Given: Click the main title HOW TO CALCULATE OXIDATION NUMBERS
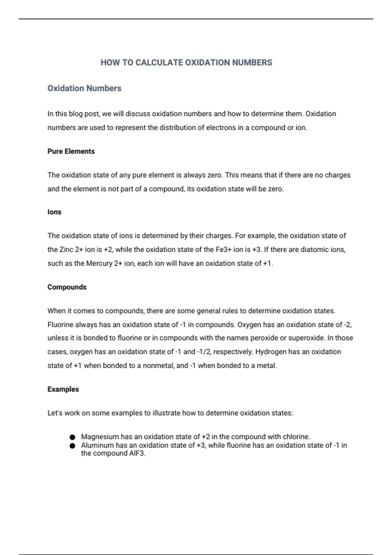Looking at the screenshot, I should coord(186,63).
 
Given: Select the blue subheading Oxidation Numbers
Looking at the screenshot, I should coord(84,88).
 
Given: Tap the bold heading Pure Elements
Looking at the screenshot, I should coord(71,151).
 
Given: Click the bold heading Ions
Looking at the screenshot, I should coord(54,212).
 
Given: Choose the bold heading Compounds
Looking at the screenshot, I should coord(67,287).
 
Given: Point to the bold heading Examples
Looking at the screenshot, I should coord(63,389).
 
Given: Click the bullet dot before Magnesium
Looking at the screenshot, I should coord(73,437).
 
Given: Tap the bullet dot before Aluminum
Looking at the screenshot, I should coord(73,446).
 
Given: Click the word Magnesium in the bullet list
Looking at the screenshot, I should coord(100,437).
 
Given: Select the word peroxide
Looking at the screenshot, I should coord(263,338).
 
